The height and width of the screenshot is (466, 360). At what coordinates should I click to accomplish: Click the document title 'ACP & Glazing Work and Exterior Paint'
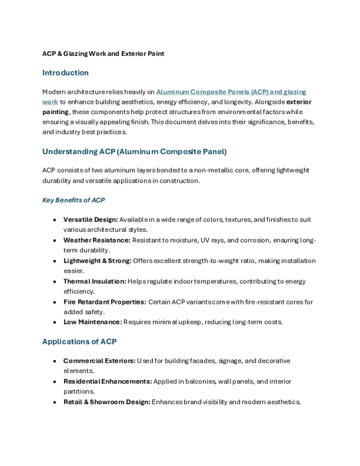coord(103,53)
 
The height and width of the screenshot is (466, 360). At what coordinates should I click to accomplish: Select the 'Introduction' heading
coord(65,73)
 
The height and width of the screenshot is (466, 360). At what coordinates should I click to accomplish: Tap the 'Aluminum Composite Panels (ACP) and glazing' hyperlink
coord(231,92)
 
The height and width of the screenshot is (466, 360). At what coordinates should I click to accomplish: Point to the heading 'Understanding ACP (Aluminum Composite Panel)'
coord(134,151)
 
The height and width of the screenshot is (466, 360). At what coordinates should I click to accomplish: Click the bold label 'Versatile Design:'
coord(90,220)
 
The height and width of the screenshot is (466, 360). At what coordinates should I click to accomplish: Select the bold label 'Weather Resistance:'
coord(97,240)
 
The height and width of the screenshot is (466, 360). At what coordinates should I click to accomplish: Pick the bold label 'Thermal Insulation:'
coord(95,281)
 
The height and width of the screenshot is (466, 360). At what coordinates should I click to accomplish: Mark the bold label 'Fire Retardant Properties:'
coord(105,302)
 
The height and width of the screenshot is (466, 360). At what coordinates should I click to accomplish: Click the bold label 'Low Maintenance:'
coord(92,322)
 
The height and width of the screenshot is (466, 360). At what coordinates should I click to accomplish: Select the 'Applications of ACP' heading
coord(79,342)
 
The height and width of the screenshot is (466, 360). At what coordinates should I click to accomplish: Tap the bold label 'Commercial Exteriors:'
coord(99,361)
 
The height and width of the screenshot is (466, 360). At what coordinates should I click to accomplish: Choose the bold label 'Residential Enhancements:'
coord(107,381)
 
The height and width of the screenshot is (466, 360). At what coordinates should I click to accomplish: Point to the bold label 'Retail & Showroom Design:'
coord(107,402)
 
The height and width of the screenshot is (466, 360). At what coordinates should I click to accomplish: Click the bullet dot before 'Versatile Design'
coord(55,220)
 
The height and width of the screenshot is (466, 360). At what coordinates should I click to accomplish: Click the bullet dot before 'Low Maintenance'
coord(55,322)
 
